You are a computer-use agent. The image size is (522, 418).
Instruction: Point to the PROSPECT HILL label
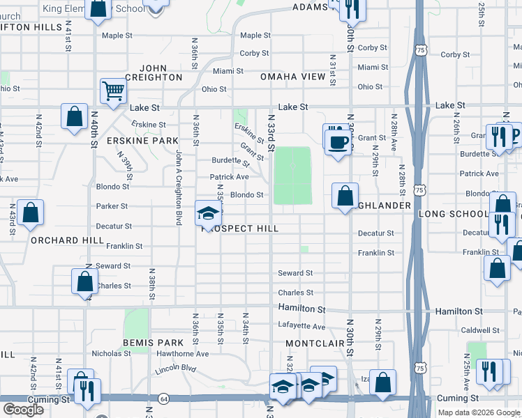click(x=240, y=229)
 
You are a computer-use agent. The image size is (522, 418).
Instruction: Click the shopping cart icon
click(x=112, y=91)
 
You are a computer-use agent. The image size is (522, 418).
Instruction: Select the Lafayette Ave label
click(x=301, y=326)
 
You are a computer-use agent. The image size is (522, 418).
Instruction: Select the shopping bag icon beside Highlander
click(x=345, y=196)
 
